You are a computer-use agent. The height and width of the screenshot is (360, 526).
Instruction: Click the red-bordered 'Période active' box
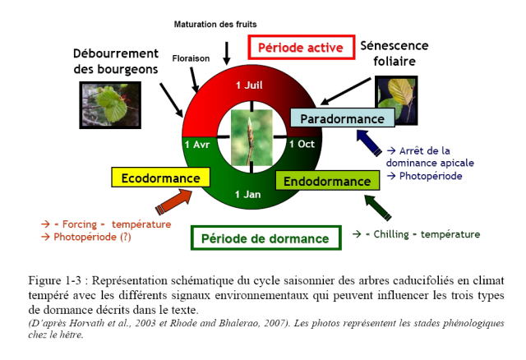(x=301, y=49)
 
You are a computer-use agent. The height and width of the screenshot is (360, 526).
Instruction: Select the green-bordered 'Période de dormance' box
(x=265, y=238)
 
